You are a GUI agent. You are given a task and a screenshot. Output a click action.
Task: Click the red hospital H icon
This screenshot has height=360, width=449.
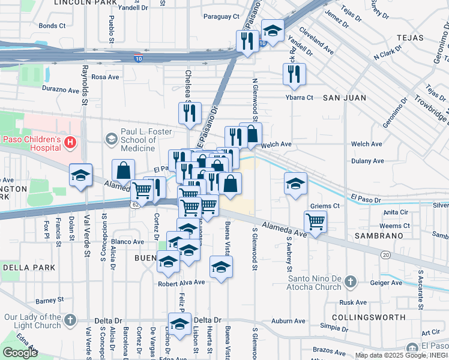70,142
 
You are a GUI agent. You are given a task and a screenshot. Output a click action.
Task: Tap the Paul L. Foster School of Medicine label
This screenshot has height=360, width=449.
146,140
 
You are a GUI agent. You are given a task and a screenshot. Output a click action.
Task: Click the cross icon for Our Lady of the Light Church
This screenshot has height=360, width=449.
70,320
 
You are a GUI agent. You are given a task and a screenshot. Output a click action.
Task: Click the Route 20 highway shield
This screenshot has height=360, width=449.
385,254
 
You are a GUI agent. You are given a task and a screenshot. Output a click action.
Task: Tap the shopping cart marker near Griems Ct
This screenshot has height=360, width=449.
315,221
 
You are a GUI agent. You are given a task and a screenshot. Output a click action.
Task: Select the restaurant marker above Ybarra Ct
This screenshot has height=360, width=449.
294,74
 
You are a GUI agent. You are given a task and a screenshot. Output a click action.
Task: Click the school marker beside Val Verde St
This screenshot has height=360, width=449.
80,175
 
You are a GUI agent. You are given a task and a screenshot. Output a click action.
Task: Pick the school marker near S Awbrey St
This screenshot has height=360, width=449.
295,184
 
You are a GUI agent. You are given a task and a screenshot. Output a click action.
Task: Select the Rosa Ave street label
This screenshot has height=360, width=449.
105,77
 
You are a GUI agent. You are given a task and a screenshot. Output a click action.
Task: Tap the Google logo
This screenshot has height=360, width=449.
20,352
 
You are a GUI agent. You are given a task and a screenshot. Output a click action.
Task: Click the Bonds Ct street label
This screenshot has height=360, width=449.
52,26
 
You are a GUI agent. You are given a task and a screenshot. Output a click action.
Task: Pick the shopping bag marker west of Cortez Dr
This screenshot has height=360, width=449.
123,171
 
